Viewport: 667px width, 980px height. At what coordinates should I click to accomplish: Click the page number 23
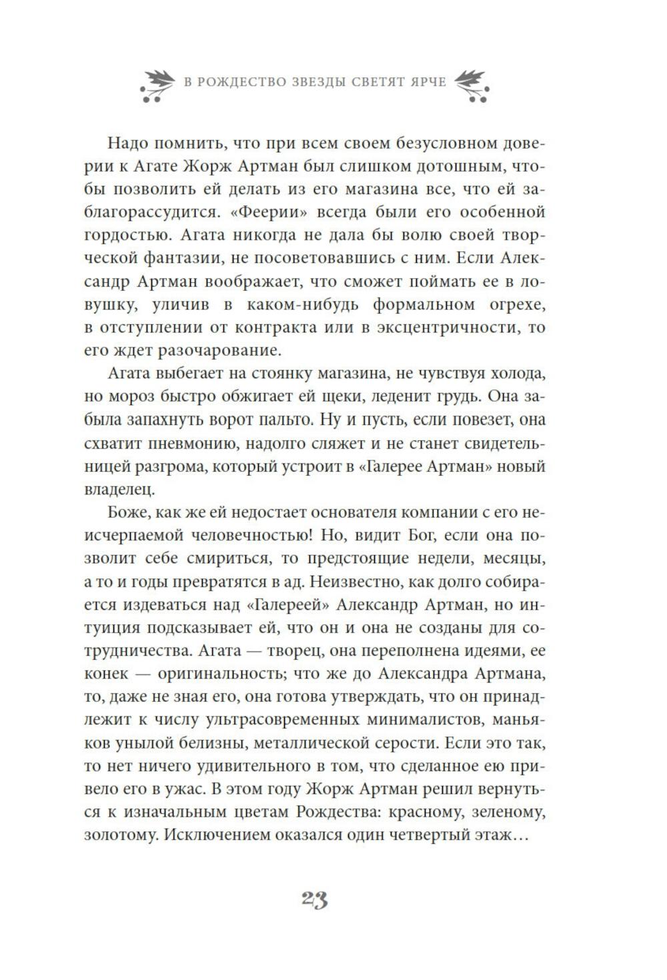pyautogui.click(x=314, y=900)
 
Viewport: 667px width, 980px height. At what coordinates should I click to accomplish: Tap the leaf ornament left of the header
pyautogui.click(x=158, y=85)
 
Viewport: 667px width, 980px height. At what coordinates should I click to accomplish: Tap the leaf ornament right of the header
pyautogui.click(x=472, y=85)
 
